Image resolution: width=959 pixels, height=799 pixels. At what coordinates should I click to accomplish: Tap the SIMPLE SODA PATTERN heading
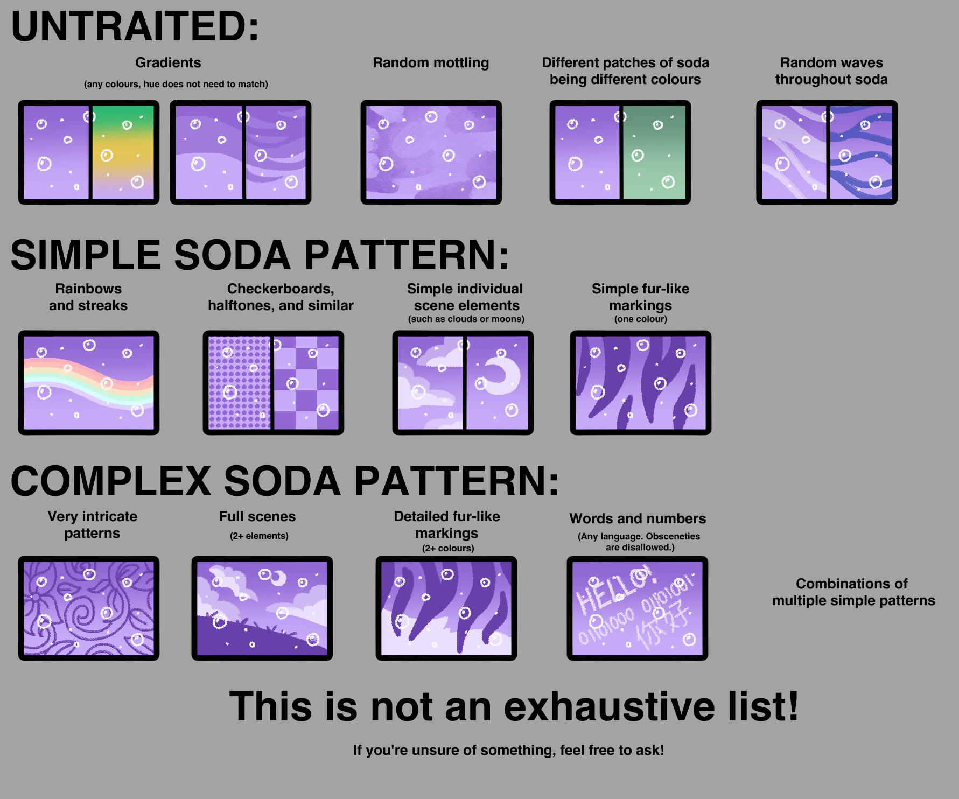[x=260, y=255]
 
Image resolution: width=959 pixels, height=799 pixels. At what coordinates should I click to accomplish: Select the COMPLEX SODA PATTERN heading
[x=285, y=481]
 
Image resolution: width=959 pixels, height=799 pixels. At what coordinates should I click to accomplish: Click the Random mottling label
[x=431, y=63]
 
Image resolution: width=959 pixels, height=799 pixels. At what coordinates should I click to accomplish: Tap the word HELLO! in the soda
[x=614, y=590]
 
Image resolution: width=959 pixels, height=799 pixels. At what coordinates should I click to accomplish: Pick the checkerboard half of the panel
[x=306, y=382]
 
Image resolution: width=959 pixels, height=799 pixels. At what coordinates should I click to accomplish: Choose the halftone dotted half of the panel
[x=239, y=382]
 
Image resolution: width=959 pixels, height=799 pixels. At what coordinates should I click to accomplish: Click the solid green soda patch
[x=654, y=152]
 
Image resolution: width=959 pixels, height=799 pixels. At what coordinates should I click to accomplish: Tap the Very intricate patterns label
[x=92, y=524]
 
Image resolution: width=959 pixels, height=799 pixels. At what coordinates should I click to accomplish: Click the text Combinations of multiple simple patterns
[x=853, y=592]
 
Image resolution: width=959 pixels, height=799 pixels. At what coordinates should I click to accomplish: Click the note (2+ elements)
[x=259, y=536]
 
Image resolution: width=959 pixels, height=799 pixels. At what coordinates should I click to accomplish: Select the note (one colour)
[x=641, y=319]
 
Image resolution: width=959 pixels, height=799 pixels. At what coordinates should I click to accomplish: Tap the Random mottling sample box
[x=431, y=152]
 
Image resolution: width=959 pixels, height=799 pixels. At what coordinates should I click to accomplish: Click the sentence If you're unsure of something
[x=508, y=750]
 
